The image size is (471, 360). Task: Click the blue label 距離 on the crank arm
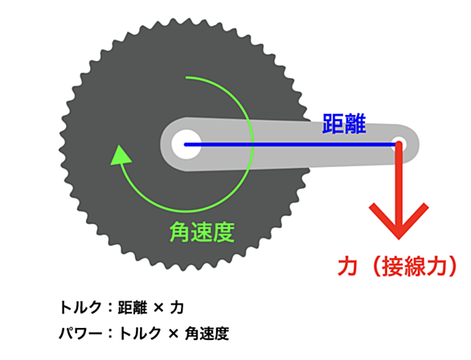pos(344,124)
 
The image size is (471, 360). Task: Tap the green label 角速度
pos(202,231)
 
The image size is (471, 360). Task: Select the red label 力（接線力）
pos(398,266)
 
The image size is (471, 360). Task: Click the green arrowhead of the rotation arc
pos(120,155)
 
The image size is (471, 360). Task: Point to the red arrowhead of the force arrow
pos(399,221)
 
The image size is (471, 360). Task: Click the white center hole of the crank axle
pos(186,144)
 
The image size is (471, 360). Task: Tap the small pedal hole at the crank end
pos(399,144)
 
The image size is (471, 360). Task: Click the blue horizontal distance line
pos(292,145)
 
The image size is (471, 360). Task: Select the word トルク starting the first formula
pos(80,308)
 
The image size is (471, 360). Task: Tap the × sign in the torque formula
pos(158,308)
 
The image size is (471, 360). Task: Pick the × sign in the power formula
pos(174,333)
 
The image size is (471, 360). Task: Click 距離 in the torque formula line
pos(133,308)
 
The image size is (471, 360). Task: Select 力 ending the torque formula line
pos(177,308)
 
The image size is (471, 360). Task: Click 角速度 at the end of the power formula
pos(207,333)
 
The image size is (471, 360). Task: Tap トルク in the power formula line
pos(141,333)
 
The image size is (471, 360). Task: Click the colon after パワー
pos(111,333)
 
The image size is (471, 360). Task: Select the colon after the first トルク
pos(110,308)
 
